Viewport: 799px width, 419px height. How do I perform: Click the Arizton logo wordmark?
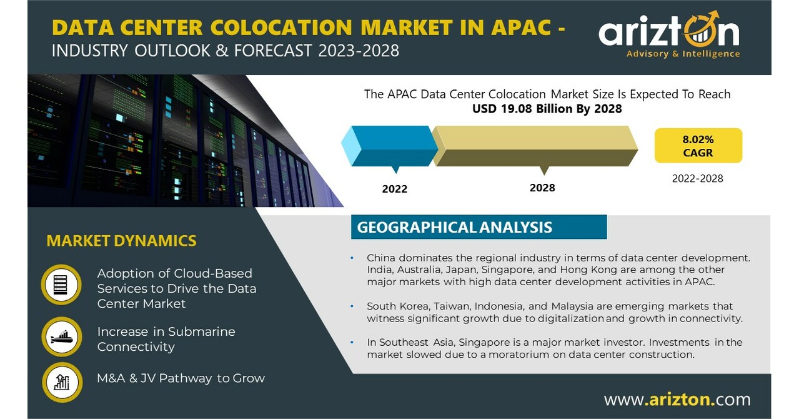pyautogui.click(x=668, y=31)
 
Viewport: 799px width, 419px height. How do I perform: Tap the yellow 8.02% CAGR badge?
pyautogui.click(x=698, y=146)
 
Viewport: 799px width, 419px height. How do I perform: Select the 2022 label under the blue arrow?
pyautogui.click(x=394, y=189)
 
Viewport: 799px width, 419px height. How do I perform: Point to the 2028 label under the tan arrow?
pyautogui.click(x=542, y=188)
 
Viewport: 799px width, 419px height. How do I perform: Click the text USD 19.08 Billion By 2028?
pyautogui.click(x=547, y=109)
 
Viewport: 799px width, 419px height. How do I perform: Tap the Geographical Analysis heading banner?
pyautogui.click(x=479, y=227)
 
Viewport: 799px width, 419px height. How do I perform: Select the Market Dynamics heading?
pyautogui.click(x=121, y=241)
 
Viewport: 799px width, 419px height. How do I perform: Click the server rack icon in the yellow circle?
pyautogui.click(x=61, y=285)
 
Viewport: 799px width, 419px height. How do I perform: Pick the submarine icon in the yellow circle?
pyautogui.click(x=61, y=338)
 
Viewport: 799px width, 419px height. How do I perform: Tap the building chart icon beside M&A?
pyautogui.click(x=61, y=381)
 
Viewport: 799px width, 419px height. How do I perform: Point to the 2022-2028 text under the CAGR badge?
pyautogui.click(x=697, y=179)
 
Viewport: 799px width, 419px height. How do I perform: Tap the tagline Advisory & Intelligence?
pyautogui.click(x=683, y=54)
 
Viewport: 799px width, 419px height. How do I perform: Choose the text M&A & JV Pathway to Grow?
pyautogui.click(x=181, y=378)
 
